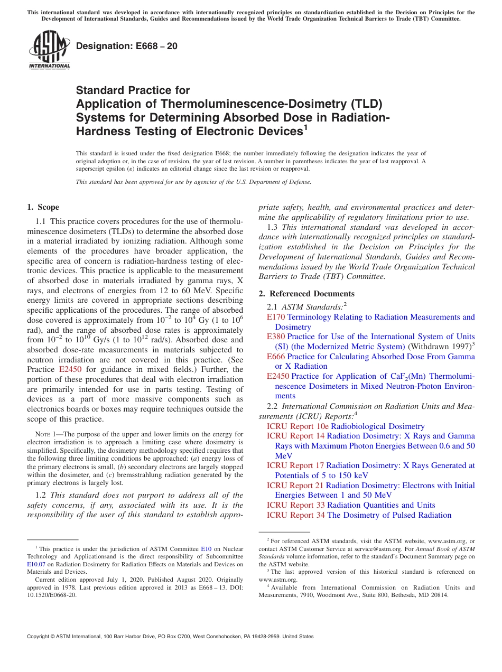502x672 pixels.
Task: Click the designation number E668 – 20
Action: pyautogui.click(x=127, y=46)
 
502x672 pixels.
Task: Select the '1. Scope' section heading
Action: pyautogui.click(x=43, y=207)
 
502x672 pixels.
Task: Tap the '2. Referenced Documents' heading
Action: pyautogui.click(x=306, y=294)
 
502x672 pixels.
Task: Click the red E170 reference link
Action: pyautogui.click(x=276, y=317)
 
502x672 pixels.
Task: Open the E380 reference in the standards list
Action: pyautogui.click(x=276, y=337)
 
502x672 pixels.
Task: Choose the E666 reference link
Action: pyautogui.click(x=276, y=357)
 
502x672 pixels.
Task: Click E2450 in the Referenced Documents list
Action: pyautogui.click(x=278, y=376)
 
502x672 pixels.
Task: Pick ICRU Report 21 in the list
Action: pyautogui.click(x=295, y=486)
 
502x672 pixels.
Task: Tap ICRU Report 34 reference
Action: pyautogui.click(x=295, y=515)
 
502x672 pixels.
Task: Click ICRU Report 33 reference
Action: pyautogui.click(x=295, y=505)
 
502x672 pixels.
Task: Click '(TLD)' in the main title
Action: pyautogui.click(x=361, y=104)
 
